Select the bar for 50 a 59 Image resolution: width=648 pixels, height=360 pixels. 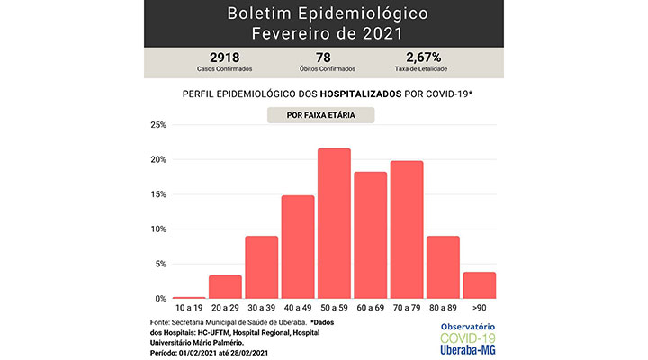334,223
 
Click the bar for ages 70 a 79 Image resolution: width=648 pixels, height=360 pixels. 407,229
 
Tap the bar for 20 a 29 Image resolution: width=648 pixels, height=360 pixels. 225,287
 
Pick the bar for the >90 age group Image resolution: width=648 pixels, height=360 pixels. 480,285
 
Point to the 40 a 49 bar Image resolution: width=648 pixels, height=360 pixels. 298,247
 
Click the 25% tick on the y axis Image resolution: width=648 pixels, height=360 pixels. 158,125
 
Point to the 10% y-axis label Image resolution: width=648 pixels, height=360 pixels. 158,229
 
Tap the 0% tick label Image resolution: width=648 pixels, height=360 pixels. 160,299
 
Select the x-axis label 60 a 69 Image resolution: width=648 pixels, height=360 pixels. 370,308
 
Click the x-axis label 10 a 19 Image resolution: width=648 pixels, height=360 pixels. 189,308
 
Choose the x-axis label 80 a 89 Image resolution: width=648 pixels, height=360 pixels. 443,308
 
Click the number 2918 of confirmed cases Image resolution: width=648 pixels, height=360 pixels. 224,58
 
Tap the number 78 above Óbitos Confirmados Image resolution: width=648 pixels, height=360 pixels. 323,58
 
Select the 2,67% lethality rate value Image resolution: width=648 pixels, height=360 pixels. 424,58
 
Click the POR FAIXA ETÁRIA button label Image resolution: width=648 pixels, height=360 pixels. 320,115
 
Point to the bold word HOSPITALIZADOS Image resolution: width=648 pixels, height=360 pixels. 361,94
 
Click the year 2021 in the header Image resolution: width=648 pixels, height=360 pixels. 382,33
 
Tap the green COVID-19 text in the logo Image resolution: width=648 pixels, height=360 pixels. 467,338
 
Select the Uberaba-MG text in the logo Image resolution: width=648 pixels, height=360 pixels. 467,350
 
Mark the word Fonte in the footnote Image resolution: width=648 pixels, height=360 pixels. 159,322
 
